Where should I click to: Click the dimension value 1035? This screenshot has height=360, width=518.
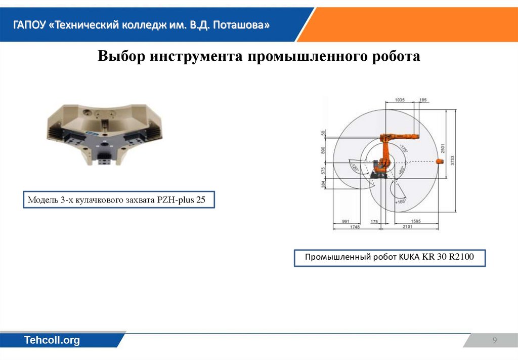tap(399, 100)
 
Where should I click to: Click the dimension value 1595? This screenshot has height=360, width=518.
tap(415, 222)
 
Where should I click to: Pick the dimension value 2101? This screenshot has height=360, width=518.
tap(408, 227)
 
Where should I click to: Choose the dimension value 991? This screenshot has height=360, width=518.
tap(347, 222)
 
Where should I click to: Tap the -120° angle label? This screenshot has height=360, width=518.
tap(354, 168)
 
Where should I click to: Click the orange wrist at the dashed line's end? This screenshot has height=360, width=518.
tap(439, 162)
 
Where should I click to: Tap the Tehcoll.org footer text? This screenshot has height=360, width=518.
tap(53, 340)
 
